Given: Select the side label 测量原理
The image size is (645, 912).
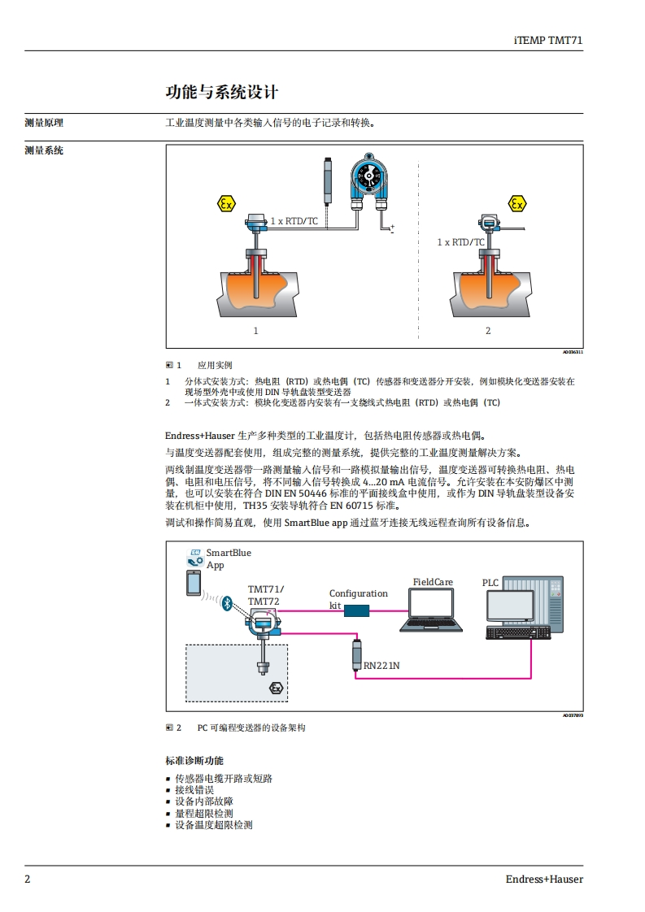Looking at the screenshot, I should [44, 124].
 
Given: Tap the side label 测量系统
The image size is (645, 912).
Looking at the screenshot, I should [44, 150].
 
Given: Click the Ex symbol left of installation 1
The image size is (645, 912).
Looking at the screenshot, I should [227, 204].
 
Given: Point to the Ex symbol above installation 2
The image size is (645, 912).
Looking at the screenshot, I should [516, 203].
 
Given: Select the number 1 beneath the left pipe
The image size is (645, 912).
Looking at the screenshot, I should [255, 331].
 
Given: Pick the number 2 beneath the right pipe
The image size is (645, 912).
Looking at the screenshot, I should [488, 331].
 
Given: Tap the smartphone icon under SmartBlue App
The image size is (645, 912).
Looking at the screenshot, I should [194, 582].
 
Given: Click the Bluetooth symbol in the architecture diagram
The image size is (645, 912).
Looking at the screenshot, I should [229, 602].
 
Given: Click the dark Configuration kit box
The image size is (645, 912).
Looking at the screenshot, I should [357, 610].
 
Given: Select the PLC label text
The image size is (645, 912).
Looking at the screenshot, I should [490, 582].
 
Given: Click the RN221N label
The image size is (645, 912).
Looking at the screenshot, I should [381, 665].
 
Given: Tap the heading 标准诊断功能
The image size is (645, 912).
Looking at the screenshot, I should [194, 761].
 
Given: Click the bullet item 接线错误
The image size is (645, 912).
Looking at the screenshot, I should [194, 790].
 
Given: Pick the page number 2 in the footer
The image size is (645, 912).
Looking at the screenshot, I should [27, 879].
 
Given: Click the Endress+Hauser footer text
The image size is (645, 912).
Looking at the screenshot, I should [544, 879].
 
